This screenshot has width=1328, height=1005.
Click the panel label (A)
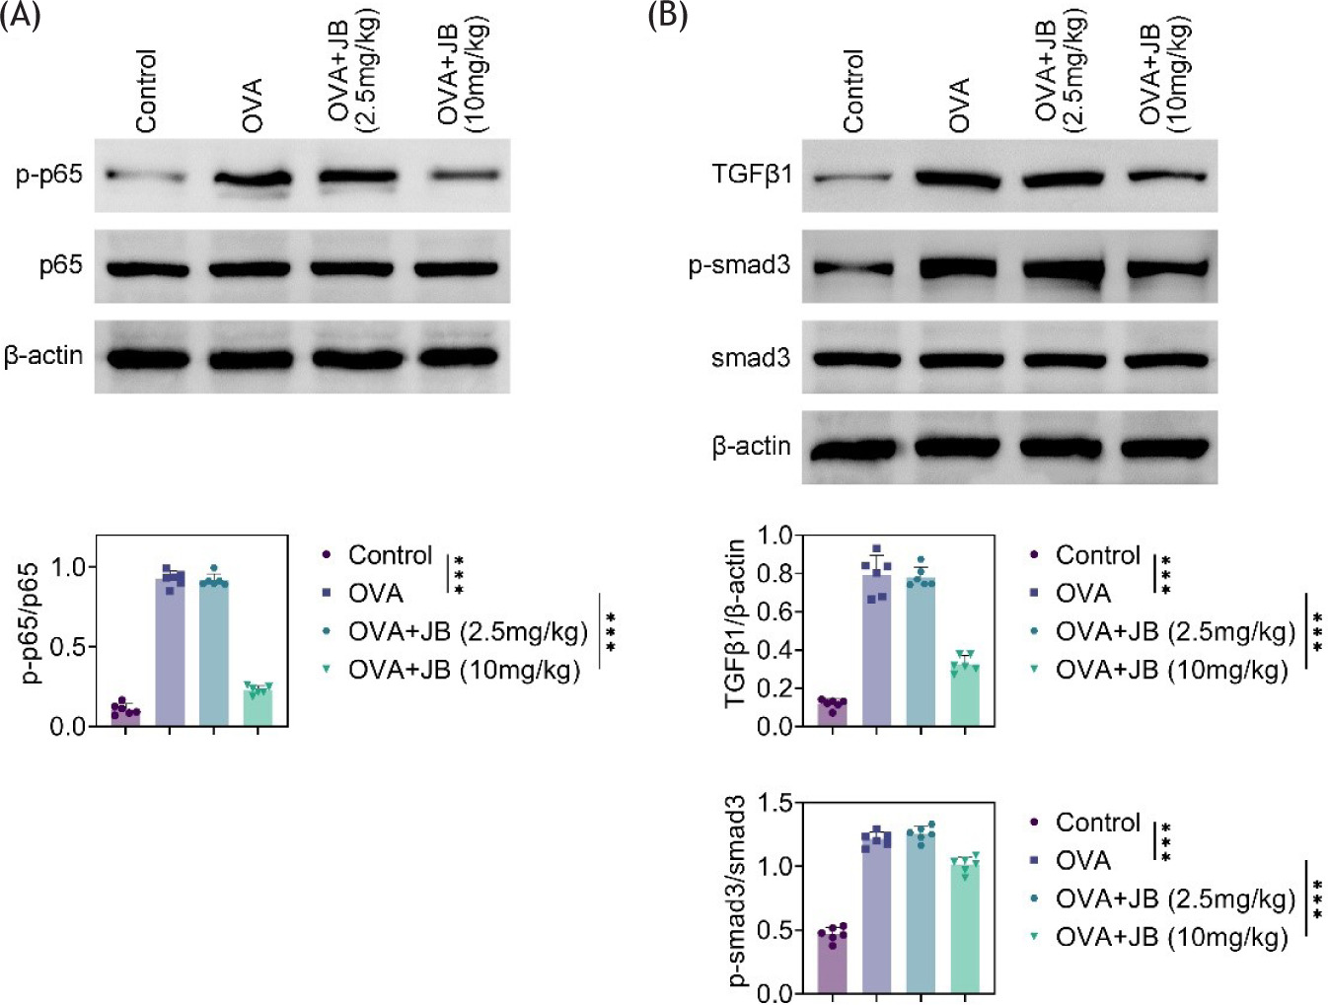coord(20,17)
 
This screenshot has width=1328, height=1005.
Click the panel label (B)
coord(667,17)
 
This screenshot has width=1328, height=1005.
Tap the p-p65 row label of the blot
coord(49,176)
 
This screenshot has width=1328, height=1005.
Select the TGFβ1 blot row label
coord(752,176)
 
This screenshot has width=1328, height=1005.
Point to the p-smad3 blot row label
coord(739,266)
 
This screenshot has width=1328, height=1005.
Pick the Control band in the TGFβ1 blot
coord(853,179)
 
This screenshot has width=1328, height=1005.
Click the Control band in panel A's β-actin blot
coord(148,358)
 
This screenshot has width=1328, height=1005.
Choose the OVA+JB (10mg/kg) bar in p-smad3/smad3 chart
coord(965,927)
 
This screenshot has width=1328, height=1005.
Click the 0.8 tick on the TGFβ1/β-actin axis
coord(775,573)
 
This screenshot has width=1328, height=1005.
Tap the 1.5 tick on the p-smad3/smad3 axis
coord(775,803)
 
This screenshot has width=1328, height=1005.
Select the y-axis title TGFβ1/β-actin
coord(736,623)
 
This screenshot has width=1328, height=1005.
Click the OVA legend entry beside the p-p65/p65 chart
coord(375,594)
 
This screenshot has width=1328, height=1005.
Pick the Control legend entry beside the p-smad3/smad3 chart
coord(1097,823)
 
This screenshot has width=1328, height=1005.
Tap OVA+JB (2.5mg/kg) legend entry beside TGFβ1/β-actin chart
coord(1174,631)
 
